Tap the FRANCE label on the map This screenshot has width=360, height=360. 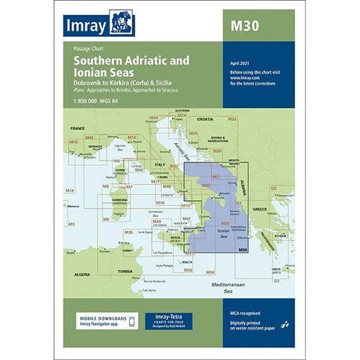77,127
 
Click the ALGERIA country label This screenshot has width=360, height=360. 81,275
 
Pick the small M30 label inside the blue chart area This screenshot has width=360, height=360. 243,249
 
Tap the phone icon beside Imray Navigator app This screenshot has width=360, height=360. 81,322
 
